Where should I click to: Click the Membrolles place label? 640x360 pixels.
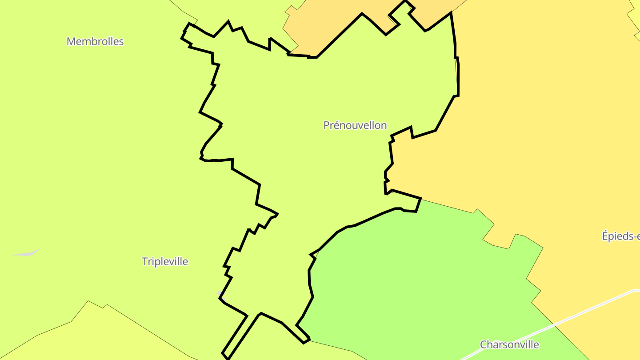(x=95, y=41)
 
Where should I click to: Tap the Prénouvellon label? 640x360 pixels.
(x=355, y=125)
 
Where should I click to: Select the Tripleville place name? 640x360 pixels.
(x=165, y=261)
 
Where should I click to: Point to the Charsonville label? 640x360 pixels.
(x=509, y=344)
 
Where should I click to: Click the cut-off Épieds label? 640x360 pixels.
(x=621, y=236)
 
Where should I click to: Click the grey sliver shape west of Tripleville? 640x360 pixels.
(x=27, y=253)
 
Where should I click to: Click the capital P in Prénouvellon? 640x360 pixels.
(x=326, y=125)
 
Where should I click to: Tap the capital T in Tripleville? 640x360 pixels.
(x=144, y=261)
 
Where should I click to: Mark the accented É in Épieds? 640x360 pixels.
(x=605, y=236)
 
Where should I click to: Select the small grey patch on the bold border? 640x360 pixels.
(x=219, y=293)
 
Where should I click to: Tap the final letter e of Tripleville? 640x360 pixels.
(x=185, y=262)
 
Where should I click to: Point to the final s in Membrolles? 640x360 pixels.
(x=121, y=42)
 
